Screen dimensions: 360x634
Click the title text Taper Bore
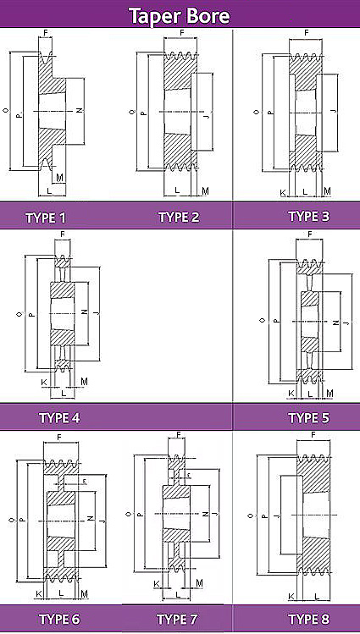point(180,16)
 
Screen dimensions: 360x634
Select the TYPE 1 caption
point(46,218)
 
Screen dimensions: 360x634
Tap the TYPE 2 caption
point(179,218)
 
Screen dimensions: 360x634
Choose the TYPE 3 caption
point(309,217)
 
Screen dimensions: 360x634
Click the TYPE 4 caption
point(59,417)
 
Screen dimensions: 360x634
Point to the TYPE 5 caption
point(309,417)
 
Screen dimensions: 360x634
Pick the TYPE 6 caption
point(59,619)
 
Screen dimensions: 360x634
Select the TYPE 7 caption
point(177,619)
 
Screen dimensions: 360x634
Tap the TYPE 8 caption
point(309,619)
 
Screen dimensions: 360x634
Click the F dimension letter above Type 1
point(45,31)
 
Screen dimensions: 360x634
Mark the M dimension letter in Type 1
point(59,177)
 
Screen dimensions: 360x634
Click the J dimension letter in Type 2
point(208,117)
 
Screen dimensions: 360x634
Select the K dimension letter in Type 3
point(283,192)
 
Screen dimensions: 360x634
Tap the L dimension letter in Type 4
point(63,393)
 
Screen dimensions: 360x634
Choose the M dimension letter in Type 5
point(330,393)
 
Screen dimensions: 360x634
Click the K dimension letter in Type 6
point(39,594)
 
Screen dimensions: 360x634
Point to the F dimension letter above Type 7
point(179,435)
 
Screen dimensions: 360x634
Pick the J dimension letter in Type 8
point(275,515)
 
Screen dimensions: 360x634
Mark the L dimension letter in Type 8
point(317,596)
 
